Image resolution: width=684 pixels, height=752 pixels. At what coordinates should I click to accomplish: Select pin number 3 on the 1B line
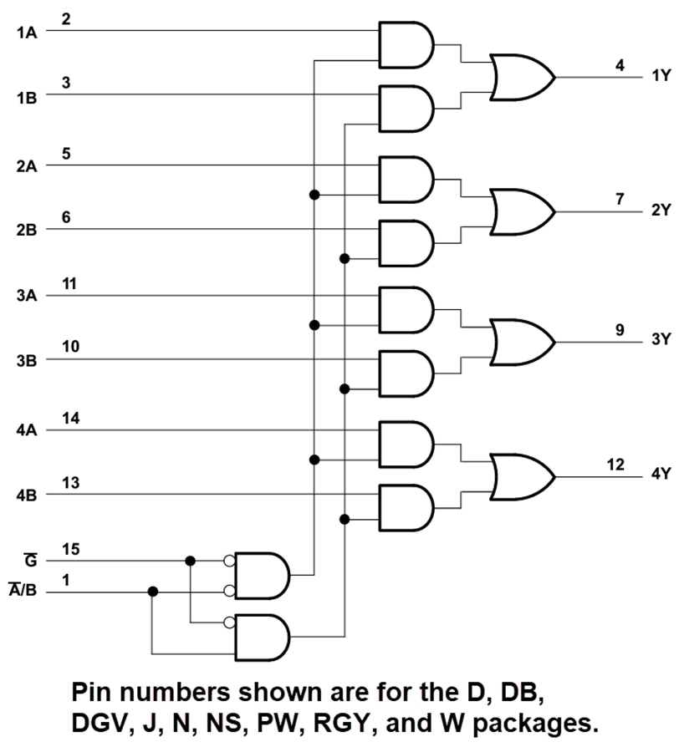coord(66,83)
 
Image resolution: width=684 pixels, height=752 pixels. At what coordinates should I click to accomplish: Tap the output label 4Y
coord(661,474)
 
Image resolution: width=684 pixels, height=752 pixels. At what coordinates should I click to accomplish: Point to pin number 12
coord(615,465)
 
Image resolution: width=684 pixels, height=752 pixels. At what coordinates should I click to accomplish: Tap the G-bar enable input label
coord(31,560)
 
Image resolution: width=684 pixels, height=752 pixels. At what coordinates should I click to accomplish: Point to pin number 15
coord(69,549)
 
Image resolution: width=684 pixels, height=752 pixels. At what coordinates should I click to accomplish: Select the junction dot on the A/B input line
coord(152,592)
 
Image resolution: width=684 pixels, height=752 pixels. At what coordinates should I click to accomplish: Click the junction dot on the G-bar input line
coord(191,561)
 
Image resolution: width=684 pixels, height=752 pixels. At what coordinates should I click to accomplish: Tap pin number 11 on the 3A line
coord(69,283)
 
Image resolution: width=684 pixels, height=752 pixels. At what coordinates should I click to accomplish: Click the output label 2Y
coord(661,210)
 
